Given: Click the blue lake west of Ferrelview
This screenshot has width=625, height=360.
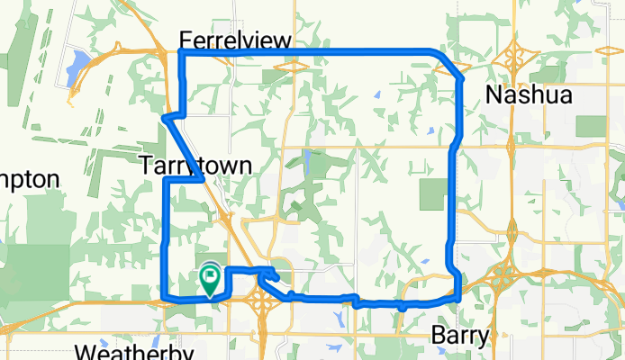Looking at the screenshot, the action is pos(78,62).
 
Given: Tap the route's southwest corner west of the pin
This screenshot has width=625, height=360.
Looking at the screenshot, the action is pos(163,299).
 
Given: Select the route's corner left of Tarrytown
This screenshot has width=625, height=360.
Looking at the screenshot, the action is pos(165,181).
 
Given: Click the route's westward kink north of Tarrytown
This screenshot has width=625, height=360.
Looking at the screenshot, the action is pos(165,118).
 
